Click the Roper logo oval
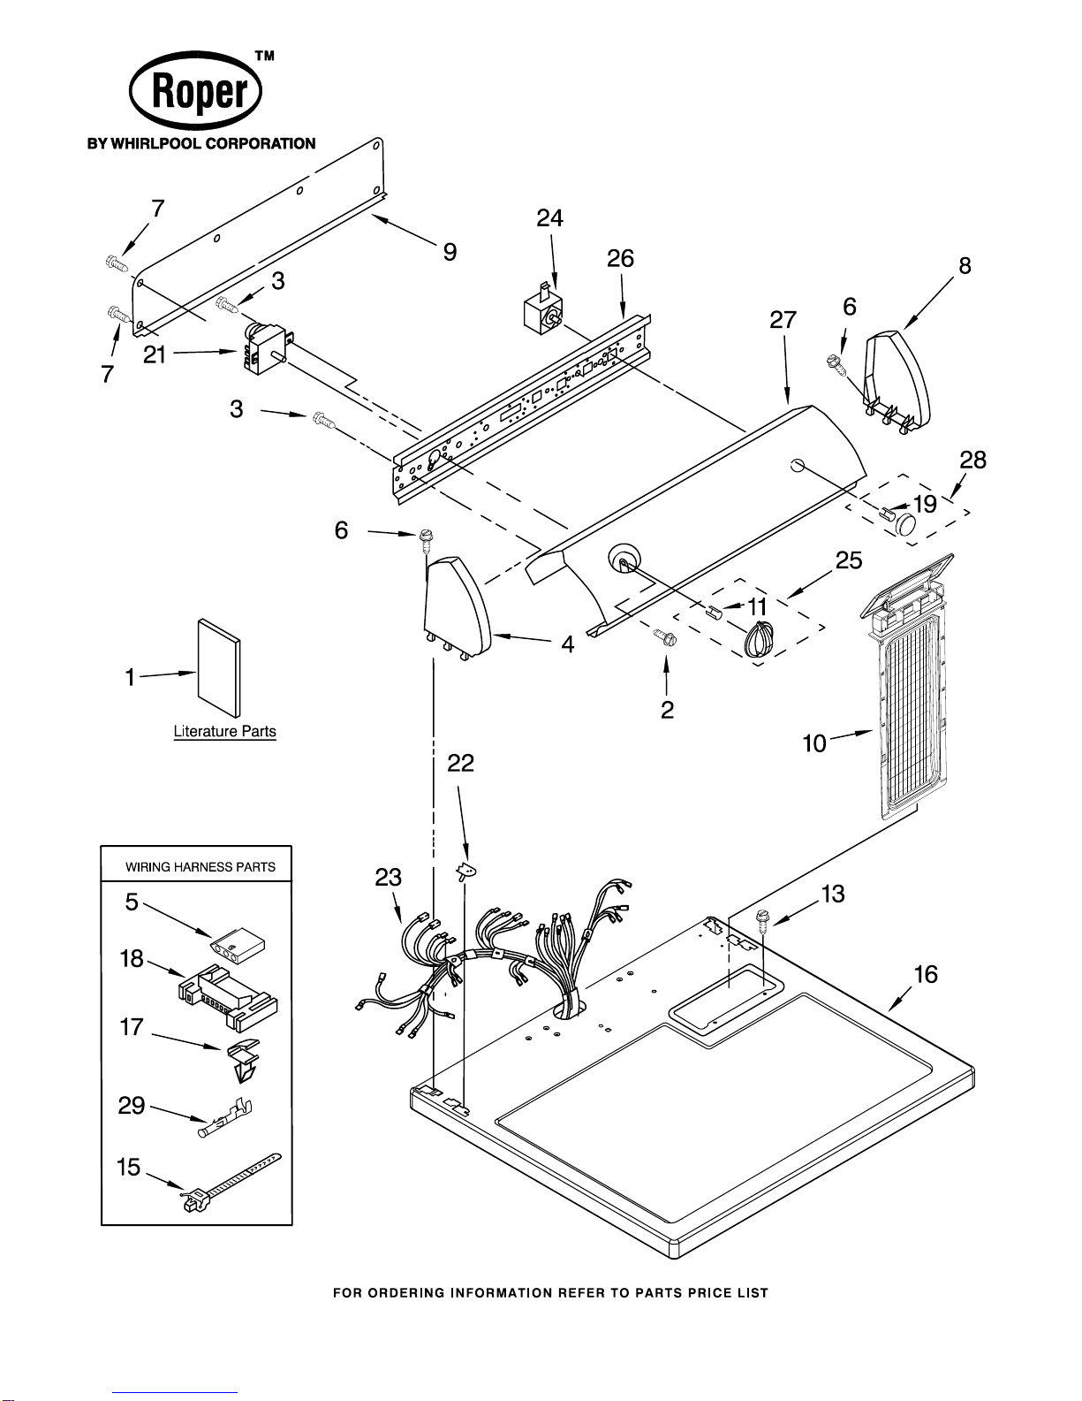tap(196, 91)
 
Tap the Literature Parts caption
tap(224, 731)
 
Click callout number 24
tap(549, 218)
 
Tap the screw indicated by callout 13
tap(761, 923)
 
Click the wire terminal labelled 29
tap(227, 1117)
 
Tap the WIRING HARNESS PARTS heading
tap(200, 867)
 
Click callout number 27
tap(783, 320)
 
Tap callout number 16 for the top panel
tap(925, 975)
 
